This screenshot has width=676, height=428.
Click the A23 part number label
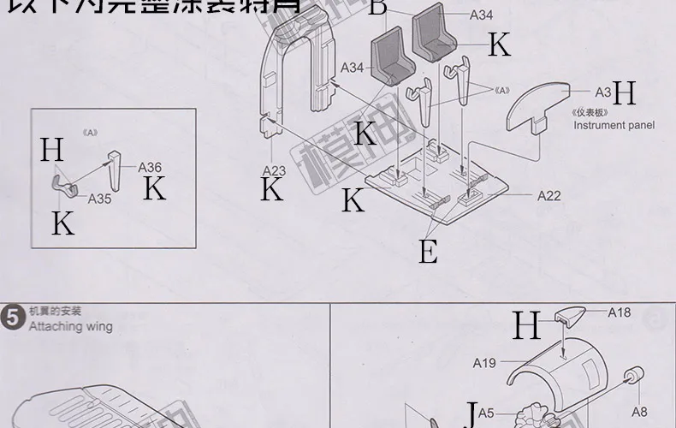point(274,170)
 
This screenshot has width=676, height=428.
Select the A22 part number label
point(549,196)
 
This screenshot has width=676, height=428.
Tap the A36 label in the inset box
point(150,168)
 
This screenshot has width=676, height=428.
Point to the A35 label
point(100,198)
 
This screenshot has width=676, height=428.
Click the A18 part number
point(619,312)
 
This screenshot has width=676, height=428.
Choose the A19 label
point(484,363)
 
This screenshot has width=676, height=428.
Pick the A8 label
point(642,410)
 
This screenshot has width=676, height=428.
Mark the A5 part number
point(486,413)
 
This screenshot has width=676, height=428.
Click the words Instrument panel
point(614,125)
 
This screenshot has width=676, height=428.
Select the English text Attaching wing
point(70,326)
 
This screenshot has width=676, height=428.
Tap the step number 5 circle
point(13,318)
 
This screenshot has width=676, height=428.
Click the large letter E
point(428,252)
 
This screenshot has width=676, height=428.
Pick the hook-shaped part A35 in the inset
point(61,181)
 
